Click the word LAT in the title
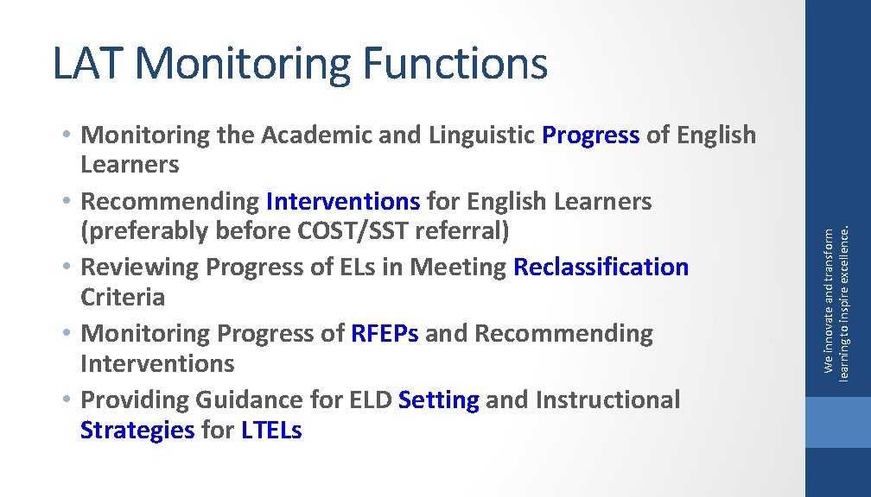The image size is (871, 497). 89,64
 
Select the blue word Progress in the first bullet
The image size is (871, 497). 590,135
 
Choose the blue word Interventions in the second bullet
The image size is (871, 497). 343,202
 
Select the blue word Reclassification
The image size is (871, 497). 601,267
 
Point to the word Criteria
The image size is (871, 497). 122,298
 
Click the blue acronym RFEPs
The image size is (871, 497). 385,334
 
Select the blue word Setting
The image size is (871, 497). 439,400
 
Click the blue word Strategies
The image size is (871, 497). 137,430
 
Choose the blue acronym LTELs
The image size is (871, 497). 271,430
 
